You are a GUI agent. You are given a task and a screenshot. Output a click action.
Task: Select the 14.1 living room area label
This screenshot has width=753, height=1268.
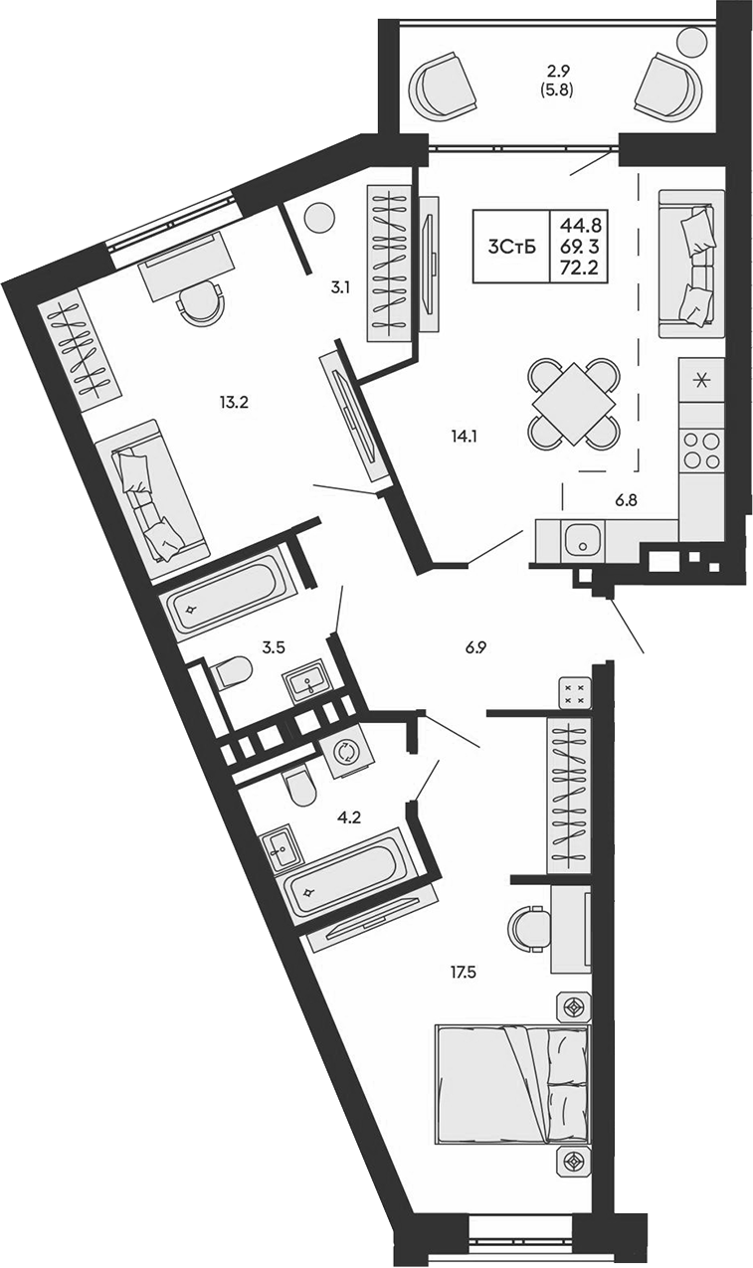(461, 436)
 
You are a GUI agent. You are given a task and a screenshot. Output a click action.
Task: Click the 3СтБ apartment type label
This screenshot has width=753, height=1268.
(512, 247)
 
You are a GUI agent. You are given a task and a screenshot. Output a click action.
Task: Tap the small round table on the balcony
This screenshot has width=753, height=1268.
(692, 43)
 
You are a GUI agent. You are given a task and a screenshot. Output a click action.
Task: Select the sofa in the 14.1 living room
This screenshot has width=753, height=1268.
(691, 265)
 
